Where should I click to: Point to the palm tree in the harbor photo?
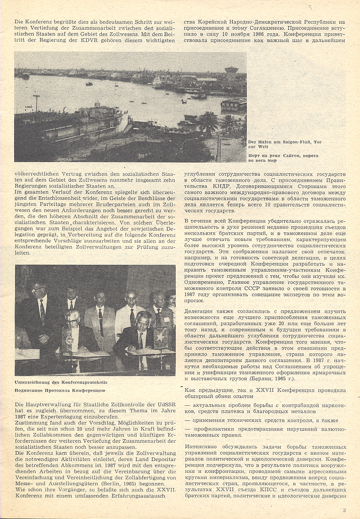point(208,121)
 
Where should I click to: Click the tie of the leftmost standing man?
point(42,309)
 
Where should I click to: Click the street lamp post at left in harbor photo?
point(37,103)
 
